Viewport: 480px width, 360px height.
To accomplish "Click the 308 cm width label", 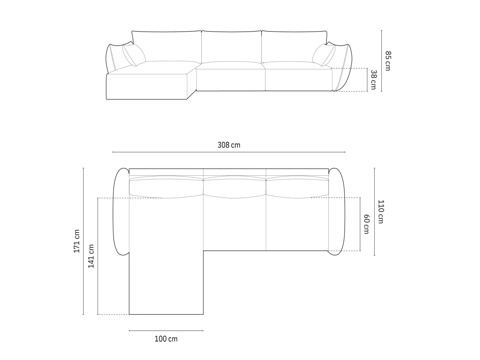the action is pos(229,145).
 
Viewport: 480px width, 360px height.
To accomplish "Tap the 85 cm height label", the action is pos(388,61).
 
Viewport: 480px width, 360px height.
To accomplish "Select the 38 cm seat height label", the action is pos(373,80).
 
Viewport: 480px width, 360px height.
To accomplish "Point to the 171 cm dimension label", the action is pos(77,241).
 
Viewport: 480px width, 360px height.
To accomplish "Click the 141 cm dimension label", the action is pos(91,256).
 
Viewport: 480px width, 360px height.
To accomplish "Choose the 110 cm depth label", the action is pos(381,211).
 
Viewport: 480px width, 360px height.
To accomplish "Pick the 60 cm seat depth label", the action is pos(366,224).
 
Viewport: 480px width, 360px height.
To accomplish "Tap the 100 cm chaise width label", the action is pos(166,339).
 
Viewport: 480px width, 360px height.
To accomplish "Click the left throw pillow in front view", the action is pos(134,55).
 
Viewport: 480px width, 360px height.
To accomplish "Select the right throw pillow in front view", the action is pos(324,55).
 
